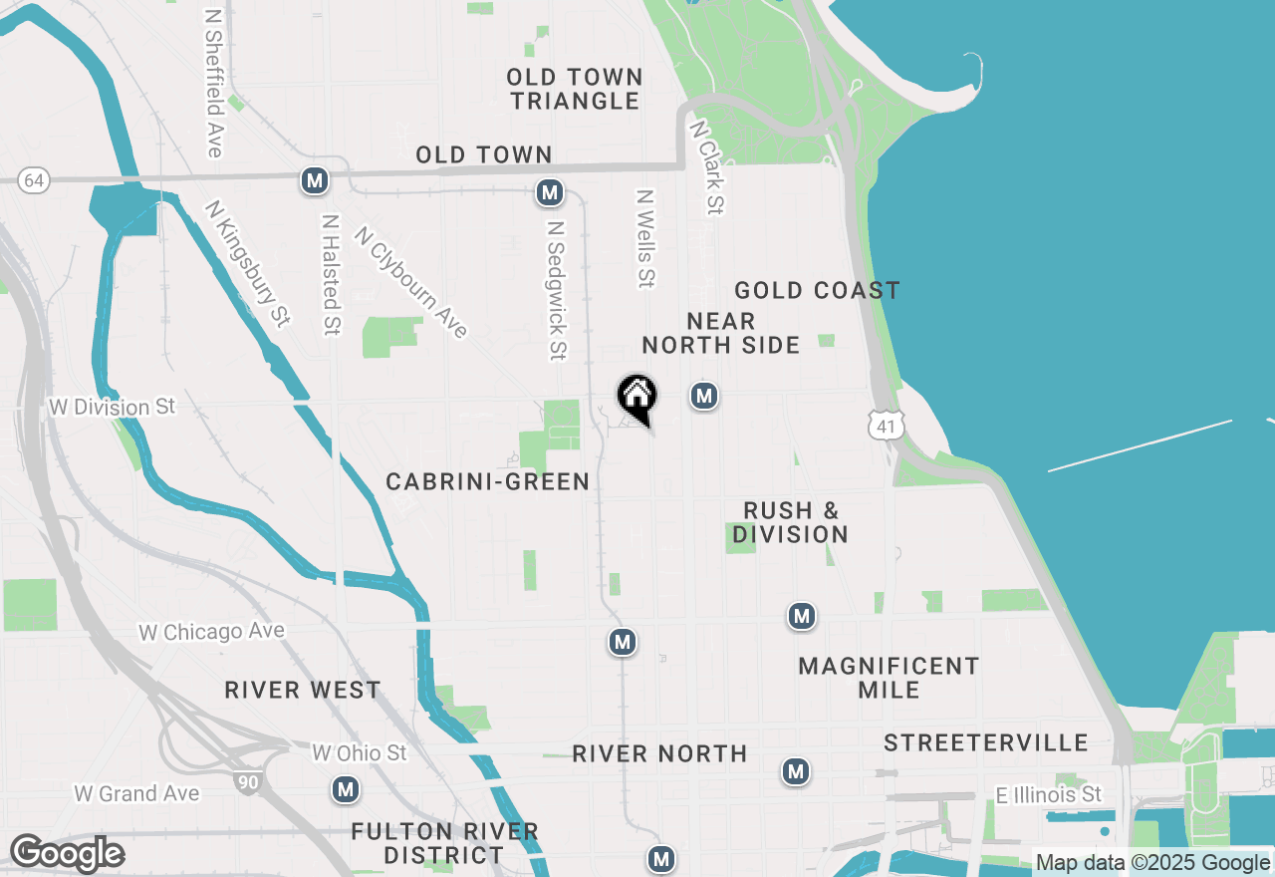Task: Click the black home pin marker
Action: point(637,397)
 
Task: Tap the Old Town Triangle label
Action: point(575,89)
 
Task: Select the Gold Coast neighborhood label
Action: point(817,290)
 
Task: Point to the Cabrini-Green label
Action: point(488,481)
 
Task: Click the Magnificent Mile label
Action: point(889,678)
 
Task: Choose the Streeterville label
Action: point(986,743)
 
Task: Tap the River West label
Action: point(303,690)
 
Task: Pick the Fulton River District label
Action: point(445,843)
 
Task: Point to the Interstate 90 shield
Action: point(249,782)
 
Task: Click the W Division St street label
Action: point(112,407)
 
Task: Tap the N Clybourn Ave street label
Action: point(411,283)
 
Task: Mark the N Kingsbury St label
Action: point(248,263)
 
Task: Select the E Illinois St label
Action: point(1049,794)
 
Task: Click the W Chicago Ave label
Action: point(211,632)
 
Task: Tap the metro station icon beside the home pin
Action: point(704,396)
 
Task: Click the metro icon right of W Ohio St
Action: point(346,790)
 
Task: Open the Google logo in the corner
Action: point(67,853)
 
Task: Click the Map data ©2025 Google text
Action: point(1153,863)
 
